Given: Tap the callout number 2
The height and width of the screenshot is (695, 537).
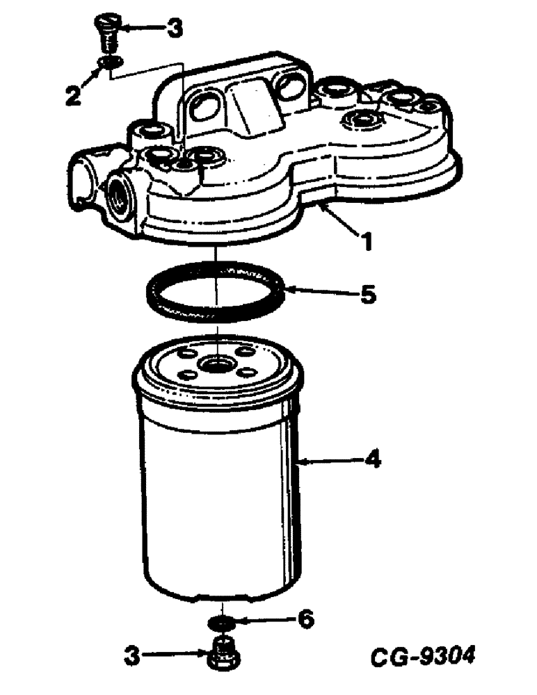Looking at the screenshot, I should pyautogui.click(x=72, y=95).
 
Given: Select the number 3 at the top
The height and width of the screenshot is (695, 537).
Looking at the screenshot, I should pyautogui.click(x=173, y=28).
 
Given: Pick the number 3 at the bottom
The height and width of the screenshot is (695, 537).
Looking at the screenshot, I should pyautogui.click(x=132, y=655).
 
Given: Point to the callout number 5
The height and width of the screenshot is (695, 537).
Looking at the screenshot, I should pyautogui.click(x=367, y=294).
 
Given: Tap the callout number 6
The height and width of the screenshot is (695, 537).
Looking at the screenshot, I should pyautogui.click(x=305, y=618).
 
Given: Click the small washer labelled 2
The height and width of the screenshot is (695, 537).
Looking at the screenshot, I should pyautogui.click(x=108, y=64).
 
